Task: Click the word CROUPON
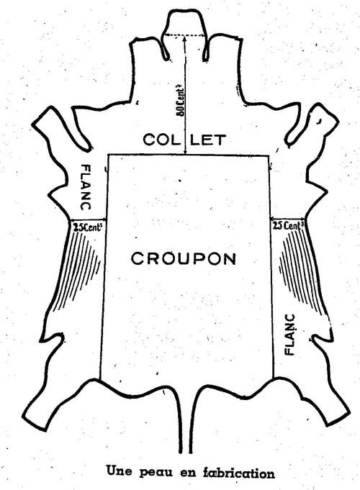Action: tap(184, 259)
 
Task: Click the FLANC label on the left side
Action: tap(86, 187)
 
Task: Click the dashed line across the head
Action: tap(185, 35)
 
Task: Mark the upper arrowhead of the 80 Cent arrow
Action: tap(185, 38)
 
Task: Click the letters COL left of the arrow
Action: tap(162, 140)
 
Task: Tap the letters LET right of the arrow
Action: tap(208, 140)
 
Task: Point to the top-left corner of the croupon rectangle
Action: tap(108, 155)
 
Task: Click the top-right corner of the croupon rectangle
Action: tap(269, 155)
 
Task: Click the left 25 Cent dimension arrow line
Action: tap(89, 220)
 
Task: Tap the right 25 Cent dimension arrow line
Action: tap(287, 219)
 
